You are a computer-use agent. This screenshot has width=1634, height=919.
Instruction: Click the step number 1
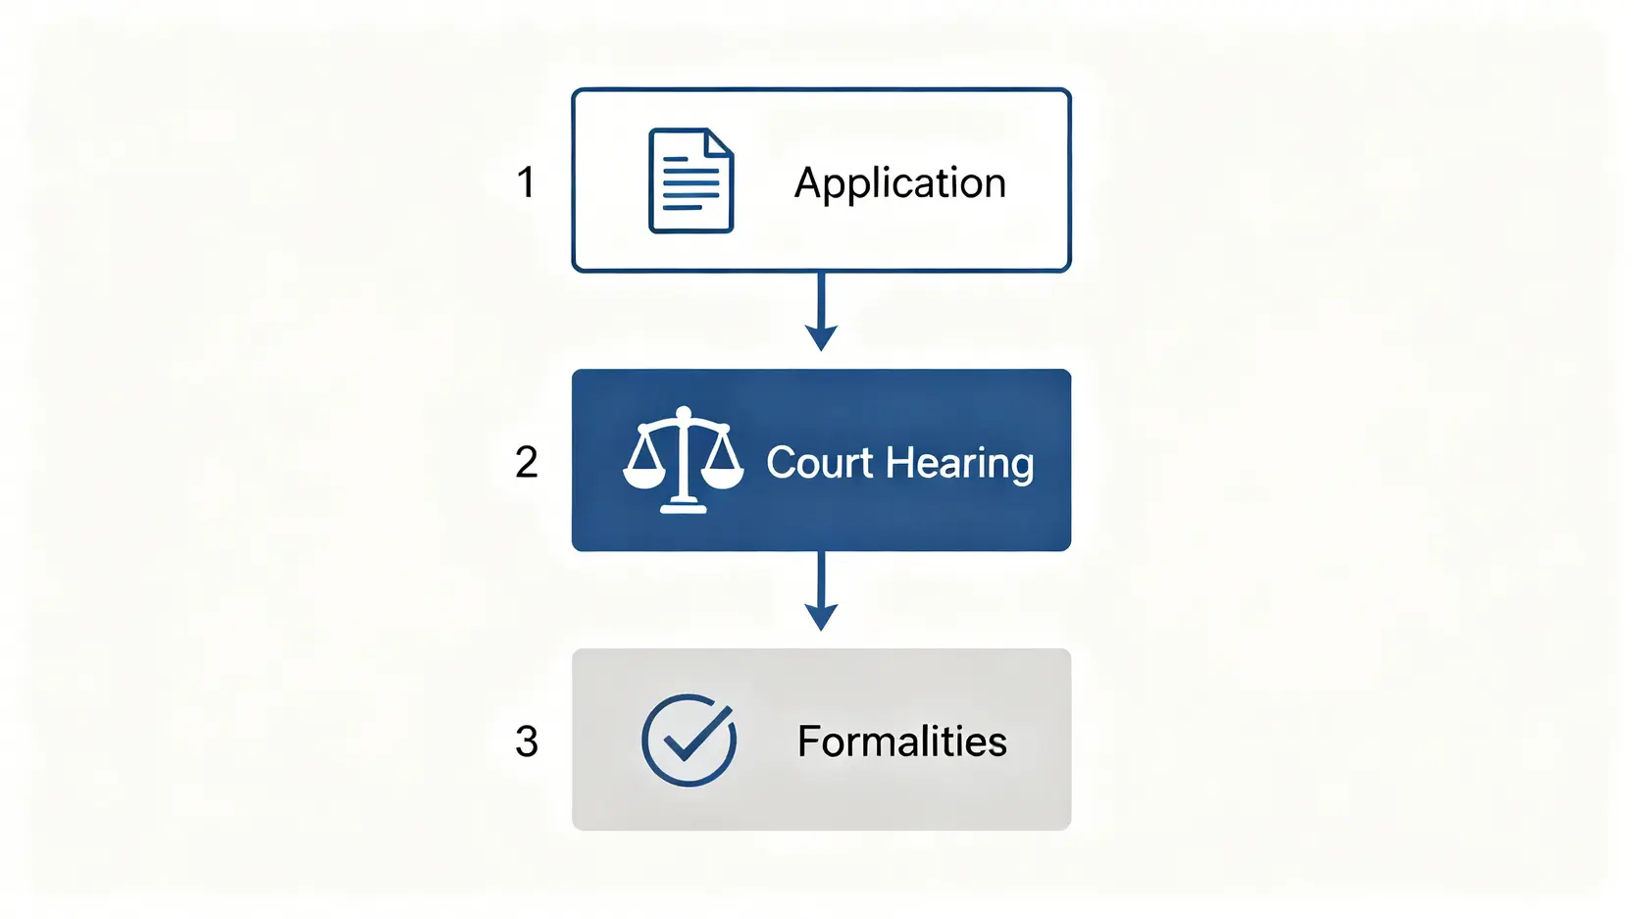pyautogui.click(x=526, y=182)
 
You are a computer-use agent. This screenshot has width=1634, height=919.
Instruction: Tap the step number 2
pyautogui.click(x=527, y=462)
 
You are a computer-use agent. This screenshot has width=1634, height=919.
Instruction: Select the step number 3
pyautogui.click(x=527, y=741)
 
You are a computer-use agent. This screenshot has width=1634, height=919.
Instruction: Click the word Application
pyautogui.click(x=899, y=183)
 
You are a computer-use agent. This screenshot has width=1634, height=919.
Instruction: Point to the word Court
pyautogui.click(x=819, y=463)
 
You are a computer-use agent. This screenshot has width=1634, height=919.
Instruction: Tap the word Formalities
pyautogui.click(x=901, y=741)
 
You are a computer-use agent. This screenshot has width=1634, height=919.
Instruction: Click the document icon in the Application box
pyautogui.click(x=690, y=181)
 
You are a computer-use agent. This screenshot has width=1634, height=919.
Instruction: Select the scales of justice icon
pyautogui.click(x=683, y=460)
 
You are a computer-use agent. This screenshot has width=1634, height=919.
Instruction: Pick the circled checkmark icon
pyautogui.click(x=689, y=740)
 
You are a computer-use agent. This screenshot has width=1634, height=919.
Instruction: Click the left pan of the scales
pyautogui.click(x=644, y=478)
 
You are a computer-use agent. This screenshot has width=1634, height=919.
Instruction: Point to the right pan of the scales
pyautogui.click(x=723, y=478)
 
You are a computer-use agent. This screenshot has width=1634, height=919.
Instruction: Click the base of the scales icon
pyautogui.click(x=684, y=506)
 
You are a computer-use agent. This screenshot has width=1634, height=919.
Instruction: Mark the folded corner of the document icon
pyautogui.click(x=720, y=142)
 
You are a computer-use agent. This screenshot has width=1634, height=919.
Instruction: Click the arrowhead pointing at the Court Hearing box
pyautogui.click(x=821, y=338)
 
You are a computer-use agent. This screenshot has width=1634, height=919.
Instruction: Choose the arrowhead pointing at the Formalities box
pyautogui.click(x=821, y=618)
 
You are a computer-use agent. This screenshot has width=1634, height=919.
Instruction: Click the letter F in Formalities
pyautogui.click(x=808, y=741)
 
